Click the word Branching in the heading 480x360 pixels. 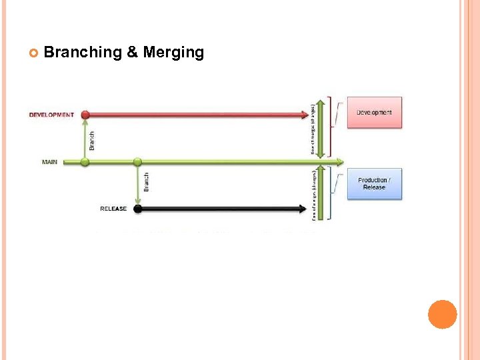click(82, 53)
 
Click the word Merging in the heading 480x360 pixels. click(173, 53)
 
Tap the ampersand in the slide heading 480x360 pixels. click(133, 53)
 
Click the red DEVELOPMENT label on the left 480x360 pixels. click(51, 115)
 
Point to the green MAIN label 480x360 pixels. click(49, 162)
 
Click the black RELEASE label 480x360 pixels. click(113, 209)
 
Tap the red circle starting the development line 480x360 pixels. click(85, 115)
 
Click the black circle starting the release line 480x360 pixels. click(137, 209)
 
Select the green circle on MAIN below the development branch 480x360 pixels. click(85, 162)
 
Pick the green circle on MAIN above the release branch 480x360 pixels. click(137, 162)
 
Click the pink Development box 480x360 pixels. click(374, 113)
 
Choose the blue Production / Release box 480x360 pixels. click(375, 184)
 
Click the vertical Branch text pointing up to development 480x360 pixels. click(92, 140)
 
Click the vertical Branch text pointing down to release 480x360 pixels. click(146, 183)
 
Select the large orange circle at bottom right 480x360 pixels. click(442, 314)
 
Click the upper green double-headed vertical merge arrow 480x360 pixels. click(321, 128)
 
